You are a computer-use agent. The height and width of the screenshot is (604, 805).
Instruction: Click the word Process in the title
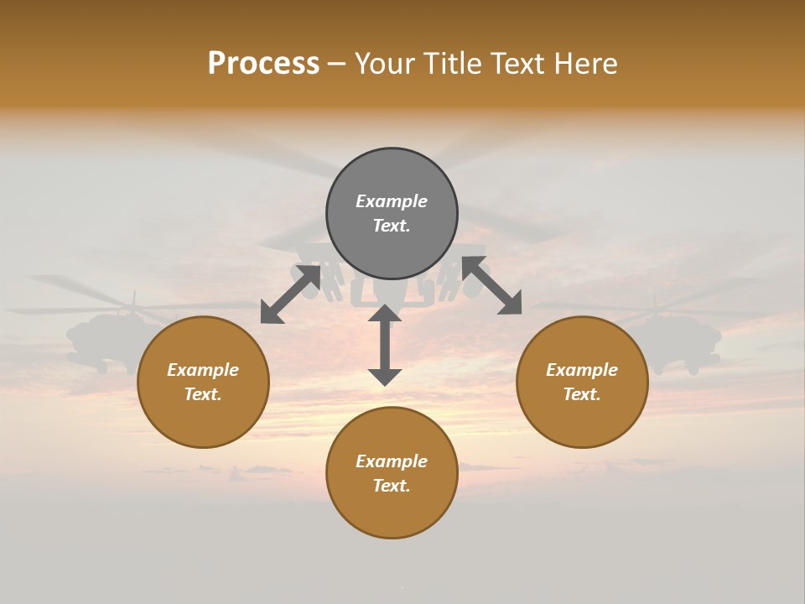pos(263,64)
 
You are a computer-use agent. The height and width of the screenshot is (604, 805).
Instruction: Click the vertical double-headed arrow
pos(385,346)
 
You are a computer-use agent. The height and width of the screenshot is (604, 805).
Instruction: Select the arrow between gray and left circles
pos(291,293)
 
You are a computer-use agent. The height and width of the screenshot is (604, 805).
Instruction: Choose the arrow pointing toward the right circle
pos(491,285)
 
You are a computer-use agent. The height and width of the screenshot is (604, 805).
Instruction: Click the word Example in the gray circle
pos(392,201)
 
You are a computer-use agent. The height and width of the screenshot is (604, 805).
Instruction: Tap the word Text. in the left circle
pos(203,394)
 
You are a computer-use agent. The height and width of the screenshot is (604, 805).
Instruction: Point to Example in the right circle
pos(582,370)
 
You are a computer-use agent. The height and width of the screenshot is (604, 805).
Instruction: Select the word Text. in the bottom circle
pos(392,486)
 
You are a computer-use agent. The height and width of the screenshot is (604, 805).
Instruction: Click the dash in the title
pos(337,65)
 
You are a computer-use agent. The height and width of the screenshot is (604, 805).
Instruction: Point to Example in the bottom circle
pos(392,461)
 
